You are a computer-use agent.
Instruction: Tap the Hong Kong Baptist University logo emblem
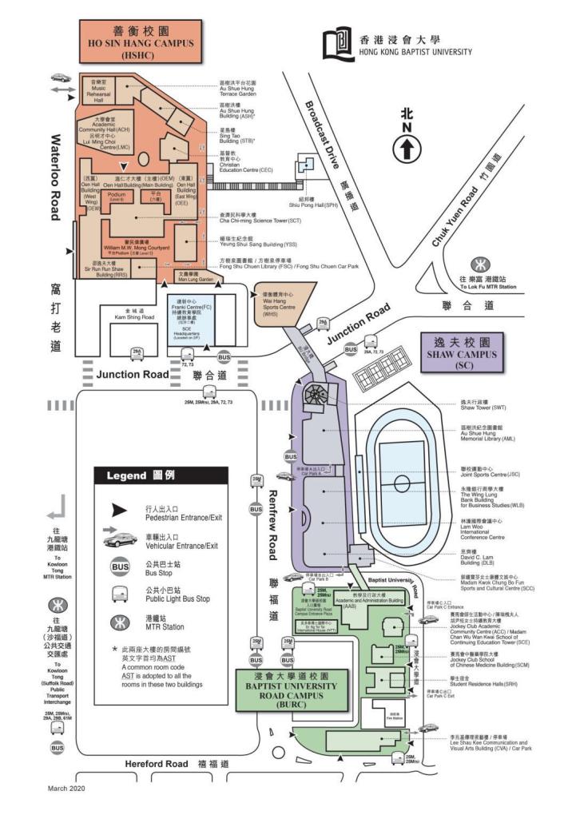tap(340, 46)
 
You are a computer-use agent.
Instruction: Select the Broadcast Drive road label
tap(323, 136)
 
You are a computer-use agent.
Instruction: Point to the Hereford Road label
tap(156, 764)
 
